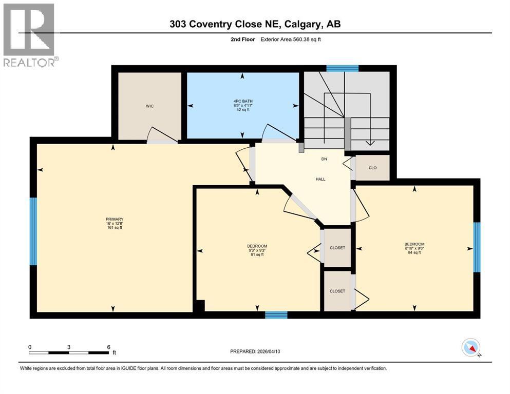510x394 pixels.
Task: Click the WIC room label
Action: pyautogui.click(x=149, y=106)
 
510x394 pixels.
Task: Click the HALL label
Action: pyautogui.click(x=320, y=179)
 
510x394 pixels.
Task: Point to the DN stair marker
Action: pyautogui.click(x=324, y=159)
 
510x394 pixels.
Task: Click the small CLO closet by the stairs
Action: pyautogui.click(x=373, y=167)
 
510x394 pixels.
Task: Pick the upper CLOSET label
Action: pyautogui.click(x=337, y=248)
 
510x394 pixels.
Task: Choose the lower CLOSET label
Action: pyautogui.click(x=337, y=291)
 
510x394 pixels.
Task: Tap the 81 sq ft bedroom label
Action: pyautogui.click(x=257, y=250)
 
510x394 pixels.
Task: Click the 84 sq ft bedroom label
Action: pyautogui.click(x=414, y=248)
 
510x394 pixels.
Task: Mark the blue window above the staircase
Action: pyautogui.click(x=343, y=68)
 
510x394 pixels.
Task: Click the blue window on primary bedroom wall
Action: pyautogui.click(x=33, y=231)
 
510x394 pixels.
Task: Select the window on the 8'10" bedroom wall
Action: pyautogui.click(x=476, y=247)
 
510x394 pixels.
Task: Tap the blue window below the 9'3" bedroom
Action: pyautogui.click(x=276, y=314)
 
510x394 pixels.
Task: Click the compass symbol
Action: pyautogui.click(x=471, y=348)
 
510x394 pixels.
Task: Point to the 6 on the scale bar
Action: pyautogui.click(x=108, y=346)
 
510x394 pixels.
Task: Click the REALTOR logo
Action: pyautogui.click(x=29, y=35)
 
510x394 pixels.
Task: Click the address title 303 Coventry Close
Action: pyautogui.click(x=255, y=24)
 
